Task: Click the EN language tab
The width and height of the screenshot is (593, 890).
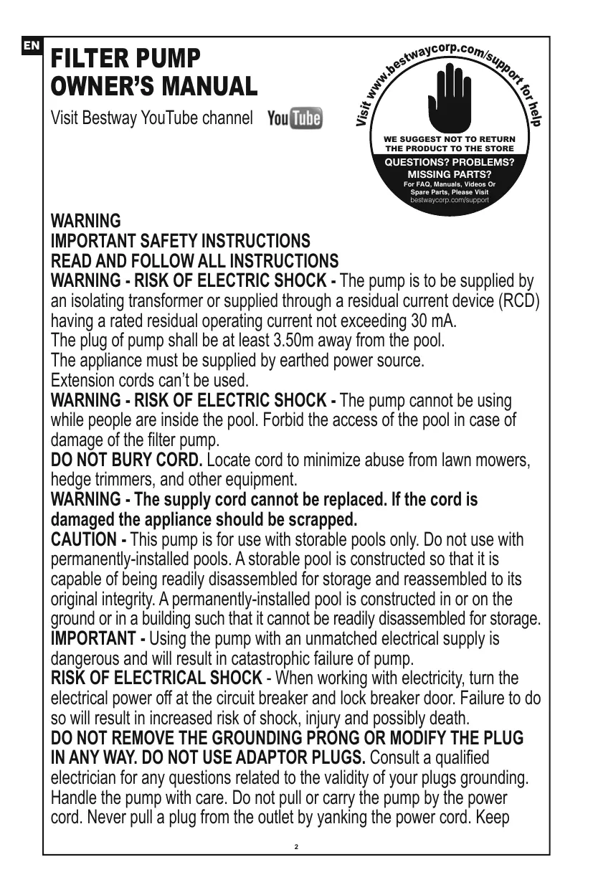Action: coord(31,47)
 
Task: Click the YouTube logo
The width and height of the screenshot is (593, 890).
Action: coord(295,118)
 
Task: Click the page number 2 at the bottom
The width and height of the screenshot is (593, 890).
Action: coord(297,847)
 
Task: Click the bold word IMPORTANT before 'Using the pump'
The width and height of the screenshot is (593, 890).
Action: coord(93,638)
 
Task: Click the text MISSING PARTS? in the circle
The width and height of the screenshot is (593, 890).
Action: coord(450,174)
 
